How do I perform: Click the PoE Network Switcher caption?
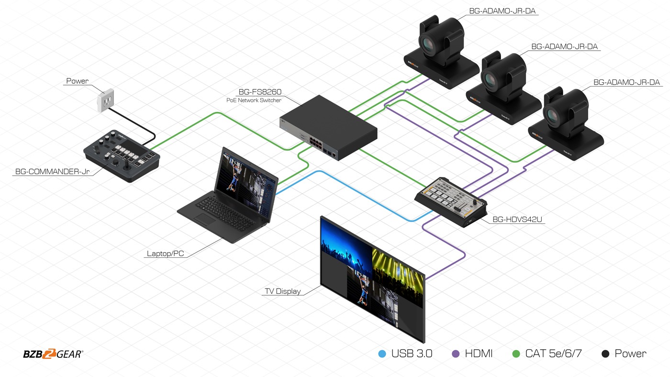tap(254, 100)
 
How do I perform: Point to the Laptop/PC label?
tap(165, 254)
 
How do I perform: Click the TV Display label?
tap(283, 291)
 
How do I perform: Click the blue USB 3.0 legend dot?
tap(382, 354)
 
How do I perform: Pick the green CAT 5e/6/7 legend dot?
tap(516, 354)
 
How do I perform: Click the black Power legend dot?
tap(605, 354)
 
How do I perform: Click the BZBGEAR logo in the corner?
tap(53, 354)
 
